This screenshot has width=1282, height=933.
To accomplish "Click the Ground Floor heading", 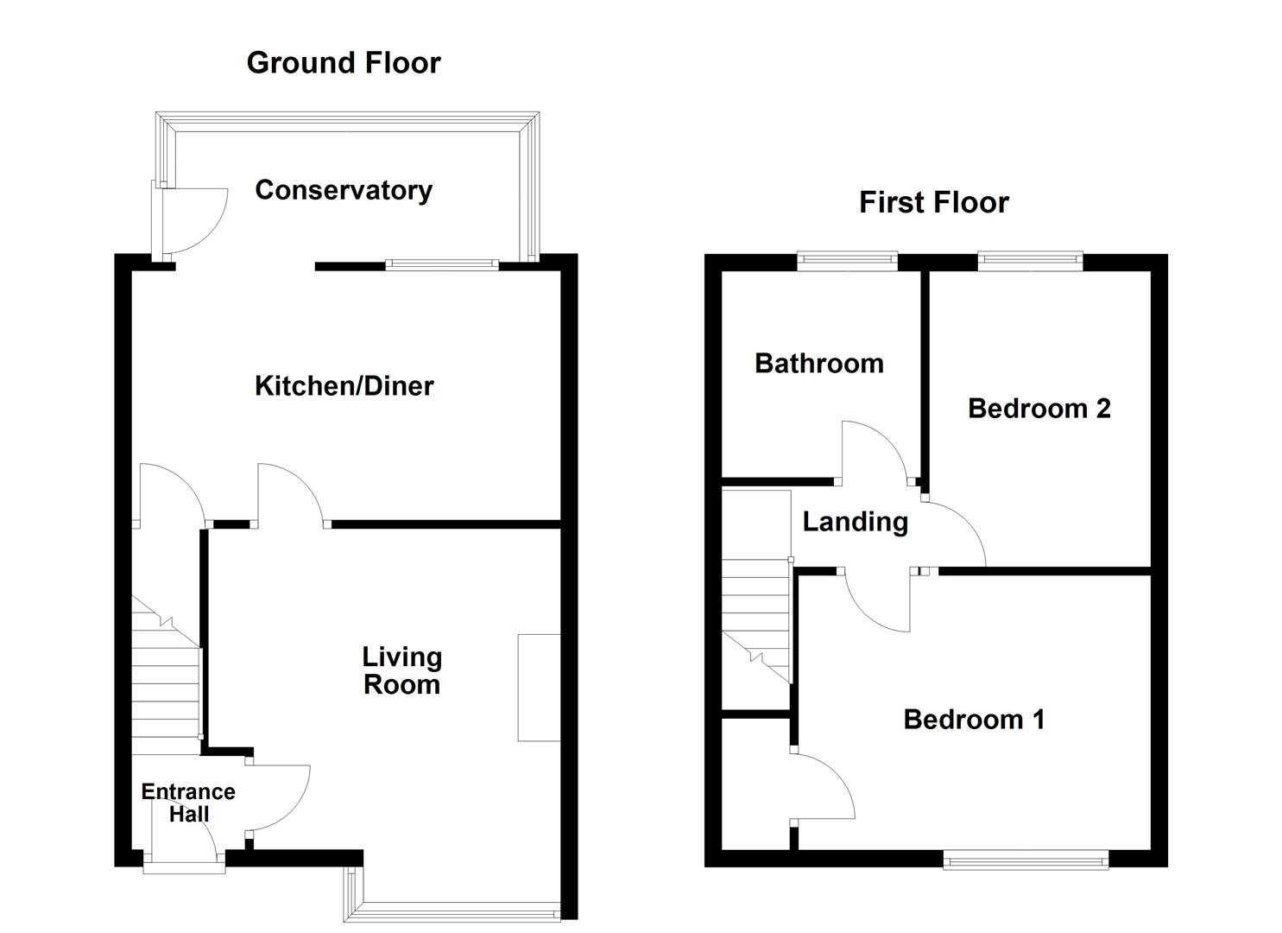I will click(343, 63).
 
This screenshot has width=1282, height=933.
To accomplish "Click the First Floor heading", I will click(933, 203).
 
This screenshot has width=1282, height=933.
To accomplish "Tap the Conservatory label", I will click(344, 190).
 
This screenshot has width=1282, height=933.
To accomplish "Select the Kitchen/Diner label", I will click(344, 386).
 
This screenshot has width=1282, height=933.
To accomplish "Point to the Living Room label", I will click(401, 671).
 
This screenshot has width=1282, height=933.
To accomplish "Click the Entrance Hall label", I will click(188, 803).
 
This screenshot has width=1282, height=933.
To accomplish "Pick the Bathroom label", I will click(818, 364).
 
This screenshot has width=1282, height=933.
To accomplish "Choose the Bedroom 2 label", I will click(1039, 409).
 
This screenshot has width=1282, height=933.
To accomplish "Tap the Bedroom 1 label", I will click(974, 720).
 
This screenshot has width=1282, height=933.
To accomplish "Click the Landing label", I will click(855, 522).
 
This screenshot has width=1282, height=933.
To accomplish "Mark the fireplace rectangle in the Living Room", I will click(539, 688).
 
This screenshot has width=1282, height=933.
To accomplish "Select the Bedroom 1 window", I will click(1026, 859).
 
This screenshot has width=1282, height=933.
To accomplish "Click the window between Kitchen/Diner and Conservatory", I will click(442, 265).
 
